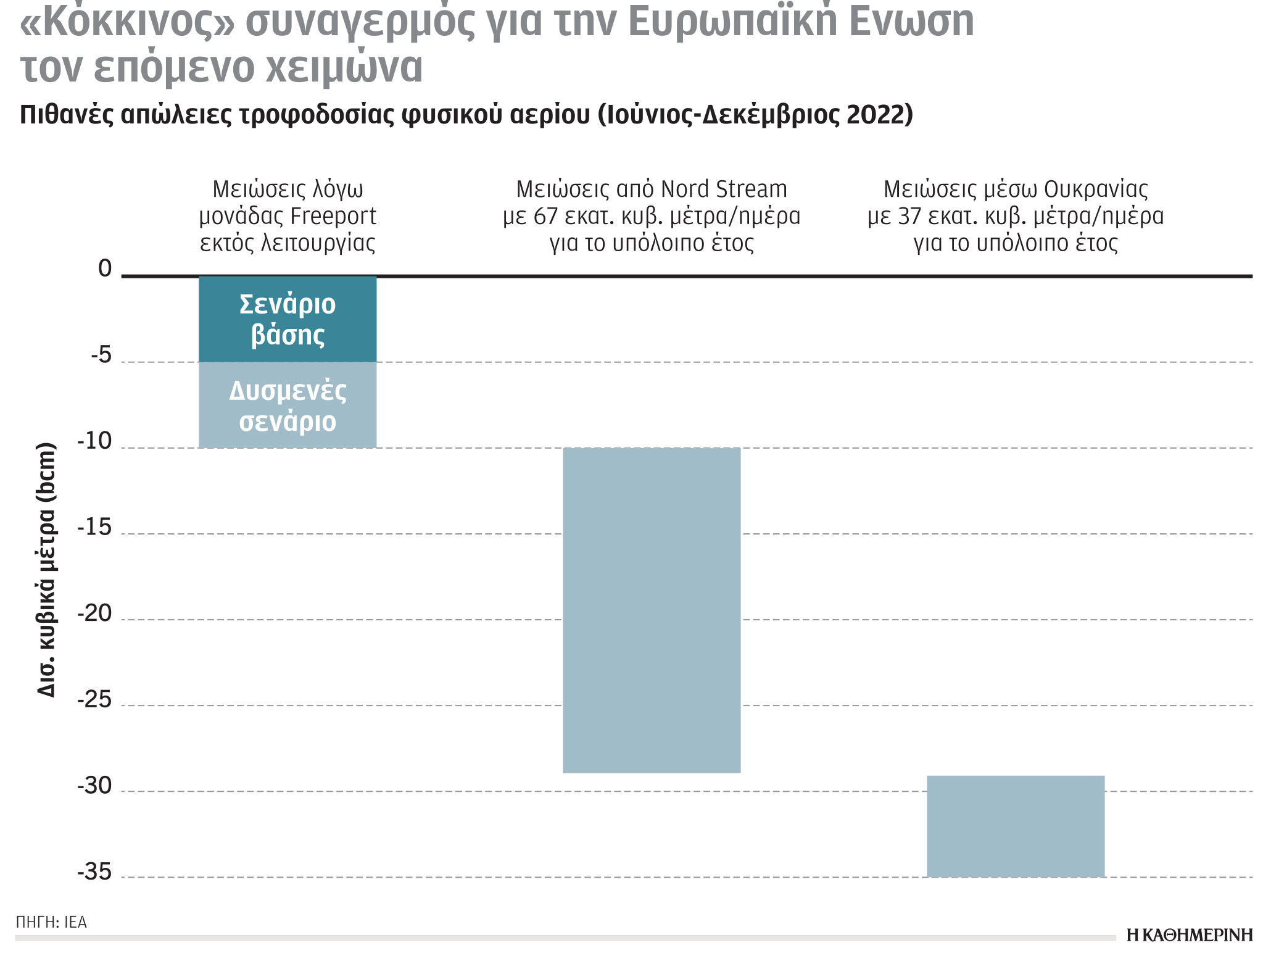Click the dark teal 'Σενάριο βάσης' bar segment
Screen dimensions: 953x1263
click(288, 319)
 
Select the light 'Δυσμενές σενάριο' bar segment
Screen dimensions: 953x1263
click(288, 405)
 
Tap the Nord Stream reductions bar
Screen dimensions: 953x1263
click(652, 610)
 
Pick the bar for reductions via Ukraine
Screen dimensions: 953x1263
click(1016, 826)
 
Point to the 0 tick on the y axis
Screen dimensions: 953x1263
click(106, 269)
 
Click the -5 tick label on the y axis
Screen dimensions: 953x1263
click(101, 356)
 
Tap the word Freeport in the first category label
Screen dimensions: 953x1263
click(333, 216)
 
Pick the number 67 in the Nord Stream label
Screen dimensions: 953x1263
click(545, 216)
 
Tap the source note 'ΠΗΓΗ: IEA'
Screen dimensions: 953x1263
click(51, 922)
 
